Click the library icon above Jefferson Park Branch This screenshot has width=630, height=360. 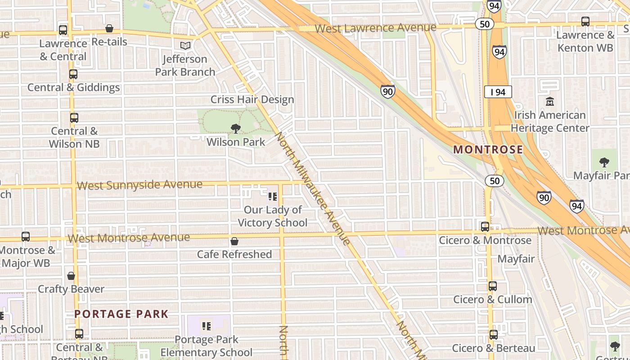click(x=185, y=45)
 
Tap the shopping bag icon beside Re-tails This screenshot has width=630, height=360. click(x=109, y=29)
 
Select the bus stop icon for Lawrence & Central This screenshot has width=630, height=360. click(x=63, y=30)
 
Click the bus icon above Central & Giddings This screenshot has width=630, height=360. click(x=73, y=74)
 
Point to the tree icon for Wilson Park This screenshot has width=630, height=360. click(x=235, y=129)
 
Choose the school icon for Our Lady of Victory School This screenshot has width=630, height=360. click(x=272, y=197)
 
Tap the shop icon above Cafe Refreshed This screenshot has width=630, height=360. click(x=234, y=242)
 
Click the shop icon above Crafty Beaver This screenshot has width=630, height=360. click(x=71, y=276)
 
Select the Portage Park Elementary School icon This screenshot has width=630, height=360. click(x=207, y=326)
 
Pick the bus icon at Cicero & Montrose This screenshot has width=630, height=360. click(x=485, y=227)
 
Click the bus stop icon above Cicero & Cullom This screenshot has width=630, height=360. click(x=493, y=286)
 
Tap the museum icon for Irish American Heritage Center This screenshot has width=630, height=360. click(x=549, y=102)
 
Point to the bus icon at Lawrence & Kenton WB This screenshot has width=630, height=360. click(x=585, y=22)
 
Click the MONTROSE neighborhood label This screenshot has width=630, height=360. click(x=488, y=149)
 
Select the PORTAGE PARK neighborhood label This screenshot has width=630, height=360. click(x=121, y=314)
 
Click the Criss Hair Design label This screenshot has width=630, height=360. click(x=252, y=99)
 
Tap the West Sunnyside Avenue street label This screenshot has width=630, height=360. click(x=139, y=185)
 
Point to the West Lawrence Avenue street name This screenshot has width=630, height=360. click(x=375, y=28)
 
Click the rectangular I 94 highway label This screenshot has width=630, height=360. click(x=498, y=92)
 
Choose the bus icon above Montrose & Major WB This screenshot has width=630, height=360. click(x=26, y=237)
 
